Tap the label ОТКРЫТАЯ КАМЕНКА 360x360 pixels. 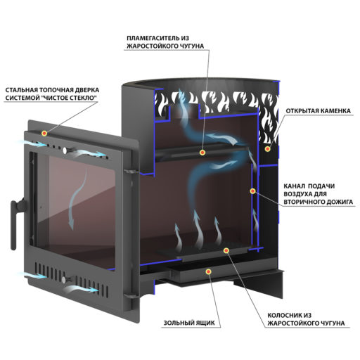pos(318,111)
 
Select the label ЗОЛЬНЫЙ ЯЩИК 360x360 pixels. pos(189,323)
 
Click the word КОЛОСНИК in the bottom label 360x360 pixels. pos(283,315)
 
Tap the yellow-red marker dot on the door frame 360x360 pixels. pos(44,134)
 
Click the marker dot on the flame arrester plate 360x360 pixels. pos(202,153)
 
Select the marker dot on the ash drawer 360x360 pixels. pos(208,271)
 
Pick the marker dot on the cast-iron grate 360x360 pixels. pos(226,250)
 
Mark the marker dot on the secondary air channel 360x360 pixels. pos(252,191)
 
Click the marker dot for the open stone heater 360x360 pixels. pos(267,148)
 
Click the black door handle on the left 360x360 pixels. pos(16,223)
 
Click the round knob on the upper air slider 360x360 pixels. pos(65,150)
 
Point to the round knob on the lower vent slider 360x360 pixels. pos(64,279)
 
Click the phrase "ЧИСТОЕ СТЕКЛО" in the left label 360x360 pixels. pos(70,98)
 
